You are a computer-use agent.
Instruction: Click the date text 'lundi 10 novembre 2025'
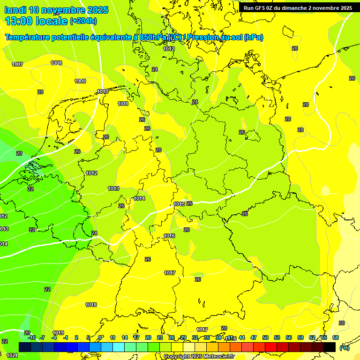coord(56,10)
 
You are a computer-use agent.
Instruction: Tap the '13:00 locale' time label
coord(37,21)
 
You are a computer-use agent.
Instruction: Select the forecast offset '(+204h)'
coord(83,21)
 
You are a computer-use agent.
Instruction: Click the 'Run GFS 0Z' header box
coord(298,8)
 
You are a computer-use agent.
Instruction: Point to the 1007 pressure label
coord(17,64)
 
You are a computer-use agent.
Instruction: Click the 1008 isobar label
coord(56,63)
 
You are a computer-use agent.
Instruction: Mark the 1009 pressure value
coord(80,81)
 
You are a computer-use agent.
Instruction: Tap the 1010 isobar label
coord(103,91)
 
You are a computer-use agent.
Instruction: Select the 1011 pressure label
coord(123,104)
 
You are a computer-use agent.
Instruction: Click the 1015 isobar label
coord(179,204)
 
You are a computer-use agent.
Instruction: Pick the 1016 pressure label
coord(169,236)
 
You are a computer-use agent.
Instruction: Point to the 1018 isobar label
coord(91,305)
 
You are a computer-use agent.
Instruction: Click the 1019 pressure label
coord(58,333)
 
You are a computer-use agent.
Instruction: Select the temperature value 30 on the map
coord(342,323)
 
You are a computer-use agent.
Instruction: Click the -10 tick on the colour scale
coord(32,337)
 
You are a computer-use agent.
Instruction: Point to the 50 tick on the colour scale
coord(265,337)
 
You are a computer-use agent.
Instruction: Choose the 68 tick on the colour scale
coord(336,337)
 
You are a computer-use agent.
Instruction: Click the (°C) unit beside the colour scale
coord(344,347)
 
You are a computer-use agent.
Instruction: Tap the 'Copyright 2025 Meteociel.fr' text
coord(199,356)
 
